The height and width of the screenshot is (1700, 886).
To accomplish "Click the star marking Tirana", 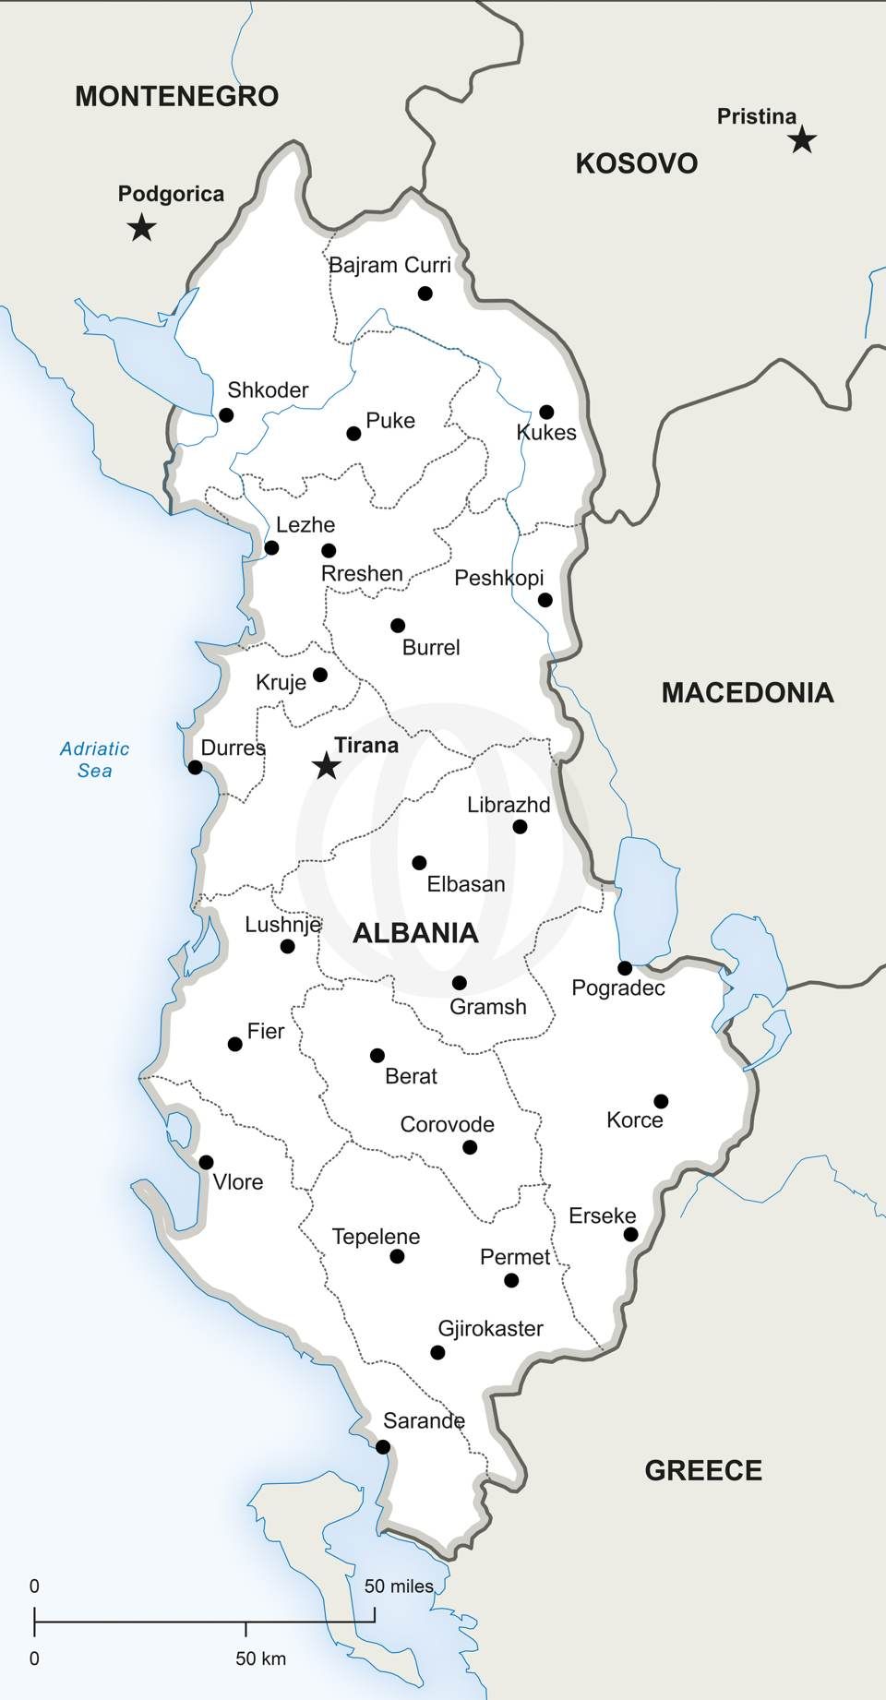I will point(326,765).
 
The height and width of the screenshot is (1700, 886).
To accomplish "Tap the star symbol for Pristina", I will point(802,140).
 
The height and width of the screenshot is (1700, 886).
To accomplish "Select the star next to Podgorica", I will point(141,227).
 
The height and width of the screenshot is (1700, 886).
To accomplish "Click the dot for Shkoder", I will point(226,415).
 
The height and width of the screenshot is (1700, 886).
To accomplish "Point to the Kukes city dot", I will point(546,412).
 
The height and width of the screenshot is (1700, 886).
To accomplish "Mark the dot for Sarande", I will point(383,1446).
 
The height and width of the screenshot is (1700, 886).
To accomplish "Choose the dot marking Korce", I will point(661,1101).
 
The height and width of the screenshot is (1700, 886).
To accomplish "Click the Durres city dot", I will point(195,767).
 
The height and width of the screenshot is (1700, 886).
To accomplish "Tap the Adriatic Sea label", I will point(94,760).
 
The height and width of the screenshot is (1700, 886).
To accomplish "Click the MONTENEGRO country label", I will point(176,96).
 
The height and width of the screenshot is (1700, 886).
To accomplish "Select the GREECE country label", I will point(703,1470).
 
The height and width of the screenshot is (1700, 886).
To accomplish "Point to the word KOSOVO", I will point(636,163).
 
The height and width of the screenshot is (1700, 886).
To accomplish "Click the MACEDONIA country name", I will point(748,692).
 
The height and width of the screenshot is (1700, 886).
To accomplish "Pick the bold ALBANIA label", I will point(415,933).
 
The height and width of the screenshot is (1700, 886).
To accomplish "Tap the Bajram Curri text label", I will point(389,266).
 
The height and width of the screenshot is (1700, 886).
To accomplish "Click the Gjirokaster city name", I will point(490,1329).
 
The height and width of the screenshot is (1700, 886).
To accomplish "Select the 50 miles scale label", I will point(399,1586).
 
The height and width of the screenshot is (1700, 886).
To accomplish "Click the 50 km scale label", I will point(260,1658).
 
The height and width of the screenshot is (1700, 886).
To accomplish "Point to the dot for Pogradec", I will point(625,968).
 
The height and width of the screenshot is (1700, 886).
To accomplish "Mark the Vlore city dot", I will point(206,1162).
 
